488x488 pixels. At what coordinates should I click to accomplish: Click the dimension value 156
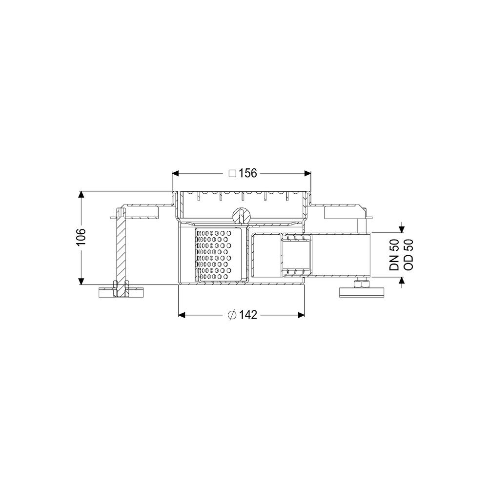coord(248,173)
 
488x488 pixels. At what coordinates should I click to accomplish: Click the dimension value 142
coord(248,315)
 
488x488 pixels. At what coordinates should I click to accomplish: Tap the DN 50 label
coord(394,255)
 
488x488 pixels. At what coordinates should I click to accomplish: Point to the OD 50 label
coord(407,255)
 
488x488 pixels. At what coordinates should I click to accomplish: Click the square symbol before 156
coord(232,174)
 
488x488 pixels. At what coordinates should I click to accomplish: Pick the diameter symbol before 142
coord(232,315)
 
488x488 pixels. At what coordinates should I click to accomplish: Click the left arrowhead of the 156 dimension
coord(176,173)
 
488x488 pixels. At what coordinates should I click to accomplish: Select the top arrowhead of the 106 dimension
coord(81,195)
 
